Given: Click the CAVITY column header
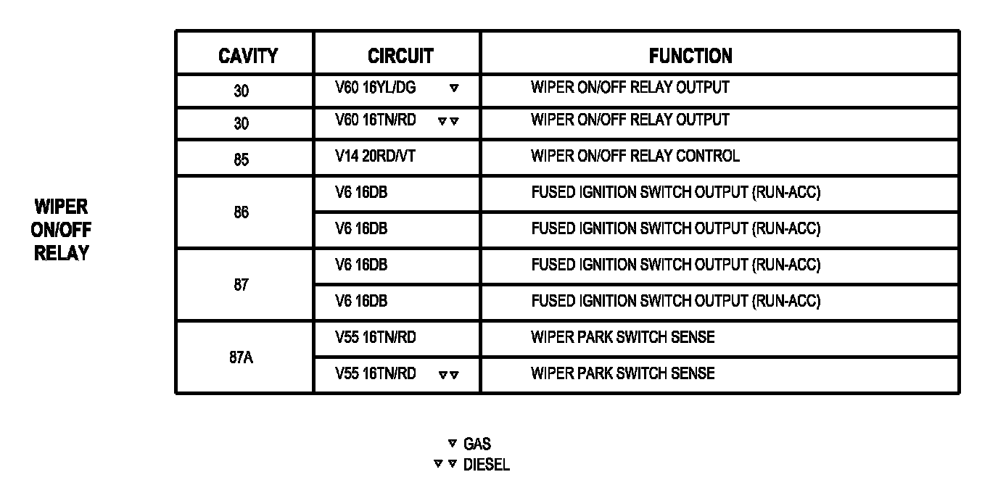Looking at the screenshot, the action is [x=247, y=56].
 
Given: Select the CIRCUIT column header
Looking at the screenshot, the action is [x=400, y=56].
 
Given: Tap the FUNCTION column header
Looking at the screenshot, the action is [x=690, y=56].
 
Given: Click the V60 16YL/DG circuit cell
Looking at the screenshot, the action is [x=376, y=88].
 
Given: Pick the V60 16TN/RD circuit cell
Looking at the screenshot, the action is [x=376, y=120].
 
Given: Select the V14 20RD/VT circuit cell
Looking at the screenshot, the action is [x=375, y=156].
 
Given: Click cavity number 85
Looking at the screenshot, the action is [x=242, y=159].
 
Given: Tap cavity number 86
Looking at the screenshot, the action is [x=242, y=212].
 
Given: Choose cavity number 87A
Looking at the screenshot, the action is [x=242, y=357].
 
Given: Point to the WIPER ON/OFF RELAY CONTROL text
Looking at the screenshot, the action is [x=635, y=156].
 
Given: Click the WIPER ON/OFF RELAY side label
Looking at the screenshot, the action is [x=61, y=230].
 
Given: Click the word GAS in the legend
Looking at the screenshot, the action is [x=477, y=444].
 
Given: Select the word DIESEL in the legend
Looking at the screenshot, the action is [x=486, y=465].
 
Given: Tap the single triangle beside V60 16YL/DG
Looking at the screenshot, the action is [x=454, y=88].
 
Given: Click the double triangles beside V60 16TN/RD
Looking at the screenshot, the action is [x=448, y=121].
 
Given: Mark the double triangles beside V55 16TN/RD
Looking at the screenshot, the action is [x=448, y=375].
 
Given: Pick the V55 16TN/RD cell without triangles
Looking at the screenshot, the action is [x=375, y=337].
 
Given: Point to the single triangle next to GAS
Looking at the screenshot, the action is [x=453, y=444].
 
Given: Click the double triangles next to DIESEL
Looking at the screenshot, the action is [x=445, y=464].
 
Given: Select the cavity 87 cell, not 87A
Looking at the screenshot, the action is [x=242, y=285].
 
